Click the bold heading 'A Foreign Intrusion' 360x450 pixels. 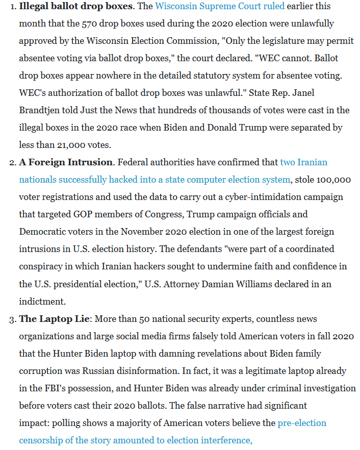coord(66,163)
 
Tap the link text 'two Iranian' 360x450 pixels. coord(303,163)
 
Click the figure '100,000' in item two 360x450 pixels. coord(333,180)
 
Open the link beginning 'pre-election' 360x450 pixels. coord(302,423)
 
